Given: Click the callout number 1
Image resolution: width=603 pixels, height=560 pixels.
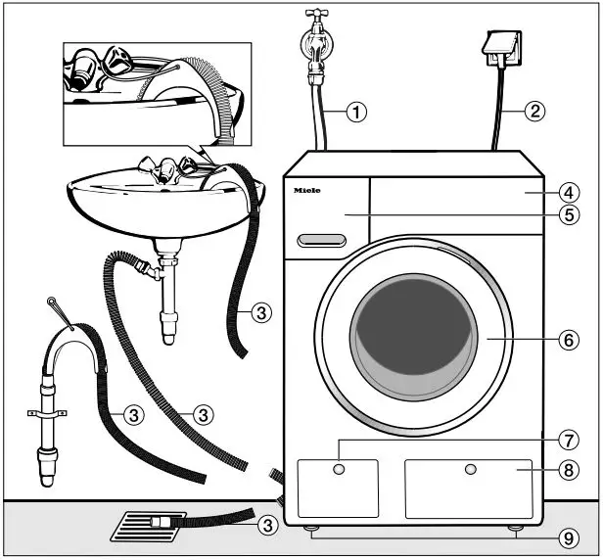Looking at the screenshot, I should pos(357,112).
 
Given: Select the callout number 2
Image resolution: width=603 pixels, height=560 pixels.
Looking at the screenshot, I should pos(533,111).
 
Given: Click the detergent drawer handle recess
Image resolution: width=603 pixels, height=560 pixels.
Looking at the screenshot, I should pos(323,240).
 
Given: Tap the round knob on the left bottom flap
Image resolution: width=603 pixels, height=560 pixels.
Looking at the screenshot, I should pos(339,471).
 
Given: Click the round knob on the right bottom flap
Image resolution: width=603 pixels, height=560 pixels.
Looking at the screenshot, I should pos(471,471).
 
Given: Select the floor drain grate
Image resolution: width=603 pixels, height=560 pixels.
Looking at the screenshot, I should pos(147,525).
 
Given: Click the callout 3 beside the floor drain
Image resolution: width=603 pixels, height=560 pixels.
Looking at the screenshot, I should pos(265,526).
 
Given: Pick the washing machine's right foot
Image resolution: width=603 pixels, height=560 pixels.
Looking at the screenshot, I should pos(514,530).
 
